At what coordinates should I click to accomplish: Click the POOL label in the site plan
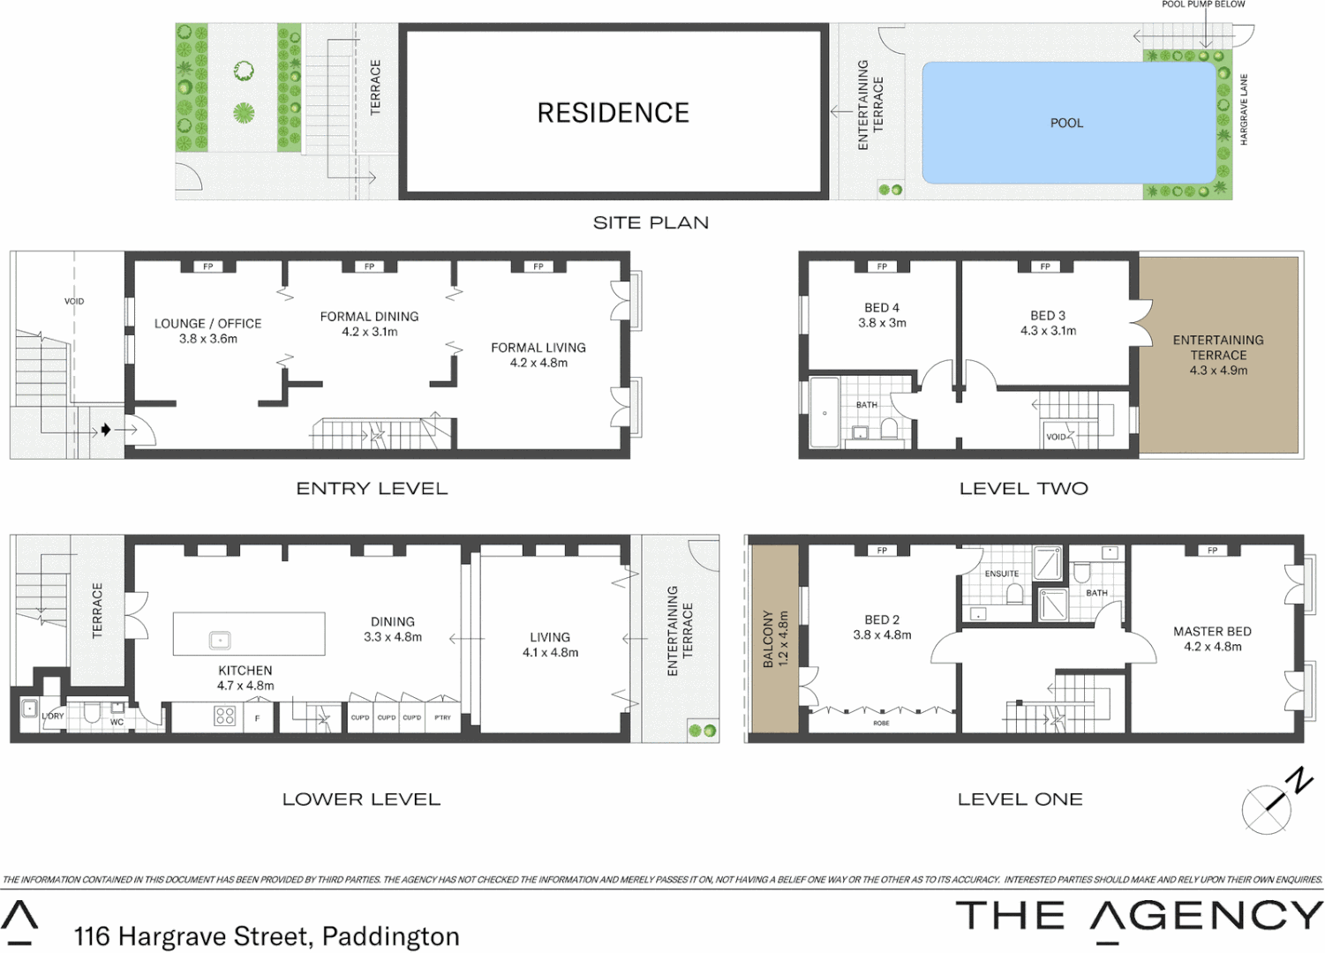[x=1066, y=123]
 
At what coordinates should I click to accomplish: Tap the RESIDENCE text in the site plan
[x=613, y=113]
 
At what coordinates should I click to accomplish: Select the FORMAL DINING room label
[x=369, y=316]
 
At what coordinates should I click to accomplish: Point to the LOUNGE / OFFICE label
[x=207, y=324]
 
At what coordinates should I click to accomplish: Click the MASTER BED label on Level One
[x=1212, y=632]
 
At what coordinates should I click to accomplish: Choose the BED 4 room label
[x=882, y=308]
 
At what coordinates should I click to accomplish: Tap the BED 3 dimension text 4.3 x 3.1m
[x=1048, y=331]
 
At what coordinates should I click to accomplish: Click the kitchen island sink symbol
[x=220, y=640]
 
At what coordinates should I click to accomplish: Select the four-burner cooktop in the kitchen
[x=225, y=717]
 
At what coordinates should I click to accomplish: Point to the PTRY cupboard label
[x=442, y=717]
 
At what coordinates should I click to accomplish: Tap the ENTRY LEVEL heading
[x=372, y=489]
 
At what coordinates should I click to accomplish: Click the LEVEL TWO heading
[x=1023, y=489]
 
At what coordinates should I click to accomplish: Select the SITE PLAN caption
[x=651, y=222]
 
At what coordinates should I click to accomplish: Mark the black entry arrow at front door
[x=106, y=430]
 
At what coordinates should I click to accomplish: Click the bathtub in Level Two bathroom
[x=824, y=413]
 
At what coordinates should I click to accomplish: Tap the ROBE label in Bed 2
[x=881, y=723]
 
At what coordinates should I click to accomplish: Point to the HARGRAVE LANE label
[x=1244, y=109]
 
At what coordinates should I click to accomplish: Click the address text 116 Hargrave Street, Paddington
[x=267, y=936]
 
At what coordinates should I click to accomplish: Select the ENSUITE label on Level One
[x=1001, y=574]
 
